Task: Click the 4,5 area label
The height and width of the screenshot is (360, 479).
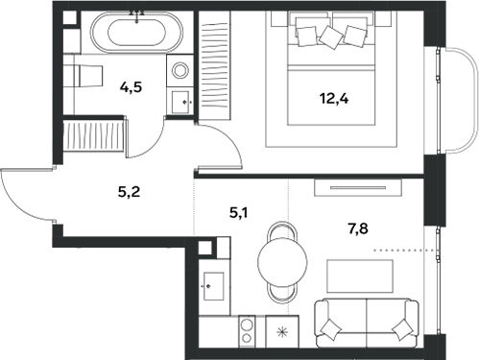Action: coord(131,87)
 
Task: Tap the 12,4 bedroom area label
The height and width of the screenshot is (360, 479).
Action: coord(334,99)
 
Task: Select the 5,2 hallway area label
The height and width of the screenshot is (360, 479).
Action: coord(129,192)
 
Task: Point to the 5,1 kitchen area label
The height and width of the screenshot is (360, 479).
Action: coord(238,213)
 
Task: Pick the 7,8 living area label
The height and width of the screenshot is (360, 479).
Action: coord(358,228)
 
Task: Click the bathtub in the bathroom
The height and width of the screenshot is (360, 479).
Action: coord(137,33)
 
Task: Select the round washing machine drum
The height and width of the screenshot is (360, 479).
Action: coord(180,70)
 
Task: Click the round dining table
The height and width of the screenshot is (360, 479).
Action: coord(282,262)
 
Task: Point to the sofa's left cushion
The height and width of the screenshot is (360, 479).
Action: coord(331,329)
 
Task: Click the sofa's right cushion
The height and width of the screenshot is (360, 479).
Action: coord(402,329)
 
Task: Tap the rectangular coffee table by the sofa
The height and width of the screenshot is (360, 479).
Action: coord(360,276)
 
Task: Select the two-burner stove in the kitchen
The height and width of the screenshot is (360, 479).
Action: coord(247,331)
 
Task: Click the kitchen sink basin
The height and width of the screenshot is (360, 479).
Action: coord(214,286)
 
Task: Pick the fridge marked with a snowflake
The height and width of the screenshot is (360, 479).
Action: coord(282,331)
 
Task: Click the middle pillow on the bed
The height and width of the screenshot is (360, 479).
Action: coord(331,37)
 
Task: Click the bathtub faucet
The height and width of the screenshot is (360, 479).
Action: coord(137,15)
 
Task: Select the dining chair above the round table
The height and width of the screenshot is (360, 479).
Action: coord(282,231)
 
